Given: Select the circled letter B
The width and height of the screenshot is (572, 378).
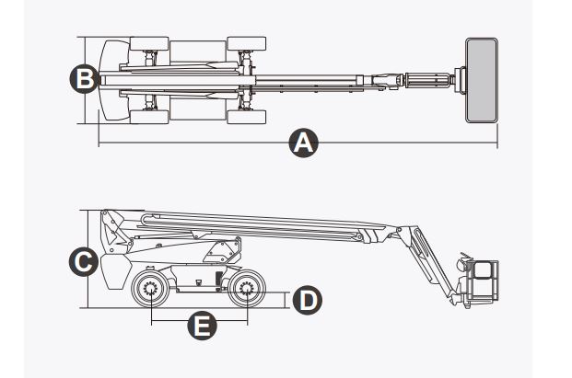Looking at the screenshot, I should point(84,79).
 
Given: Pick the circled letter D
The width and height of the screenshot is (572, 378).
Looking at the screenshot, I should point(306,299).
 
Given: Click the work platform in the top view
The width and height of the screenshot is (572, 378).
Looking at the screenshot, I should point(481,80).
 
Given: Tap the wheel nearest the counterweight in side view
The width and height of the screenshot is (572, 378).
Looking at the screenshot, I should point(149,292).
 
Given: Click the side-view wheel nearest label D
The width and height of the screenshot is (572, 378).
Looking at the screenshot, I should point(246,292).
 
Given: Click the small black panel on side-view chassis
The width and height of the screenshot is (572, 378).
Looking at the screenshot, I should point(218,279).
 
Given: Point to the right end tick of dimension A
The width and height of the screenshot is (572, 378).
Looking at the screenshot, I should point(497,143).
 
